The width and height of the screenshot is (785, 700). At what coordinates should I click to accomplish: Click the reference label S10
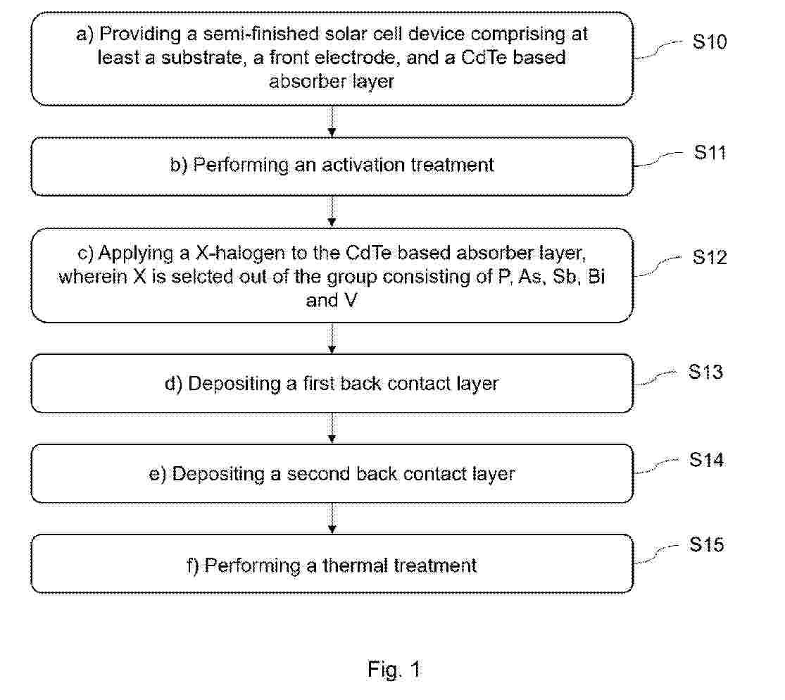point(710,42)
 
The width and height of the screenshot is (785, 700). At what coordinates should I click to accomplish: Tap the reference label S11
point(710,152)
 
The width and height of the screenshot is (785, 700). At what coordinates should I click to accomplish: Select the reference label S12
point(710,257)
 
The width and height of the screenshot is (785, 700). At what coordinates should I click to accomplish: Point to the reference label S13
point(705,372)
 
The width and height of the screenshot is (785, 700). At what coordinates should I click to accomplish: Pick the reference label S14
point(706,460)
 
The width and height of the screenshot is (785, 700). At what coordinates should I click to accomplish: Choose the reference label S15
point(706,544)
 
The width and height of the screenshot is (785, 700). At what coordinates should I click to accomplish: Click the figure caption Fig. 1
point(394,670)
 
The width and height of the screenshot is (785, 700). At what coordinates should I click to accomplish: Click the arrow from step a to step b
point(332,121)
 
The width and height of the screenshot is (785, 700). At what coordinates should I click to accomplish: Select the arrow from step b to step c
point(332,212)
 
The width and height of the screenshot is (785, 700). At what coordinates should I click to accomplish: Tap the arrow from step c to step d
point(332,339)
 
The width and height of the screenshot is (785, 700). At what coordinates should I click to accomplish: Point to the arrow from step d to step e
point(332,428)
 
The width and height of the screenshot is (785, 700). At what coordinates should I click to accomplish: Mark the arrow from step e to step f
point(332,519)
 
